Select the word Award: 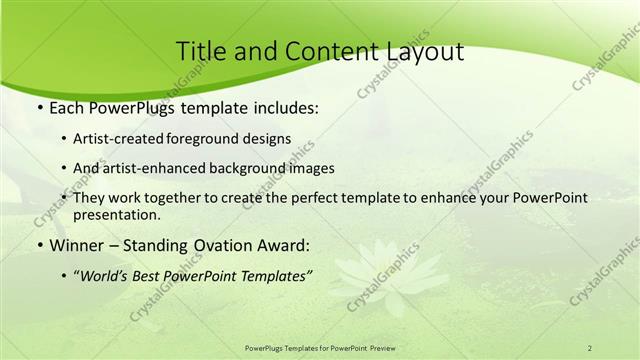pyautogui.click(x=282, y=245)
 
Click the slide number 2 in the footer pyautogui.click(x=589, y=348)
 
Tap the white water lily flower pyautogui.click(x=389, y=268)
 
